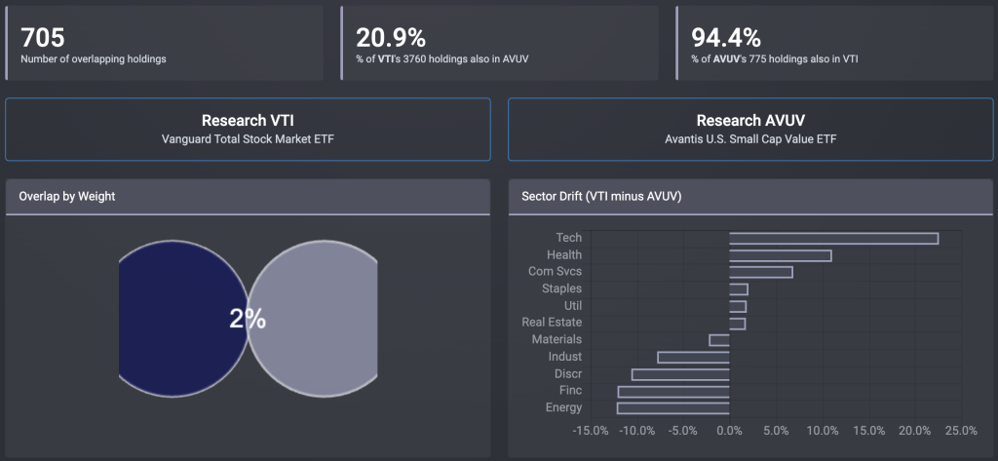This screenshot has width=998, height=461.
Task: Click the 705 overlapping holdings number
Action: tap(43, 37)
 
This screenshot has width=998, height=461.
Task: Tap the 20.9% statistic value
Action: tap(391, 37)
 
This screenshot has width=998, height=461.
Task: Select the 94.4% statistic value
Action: tap(726, 37)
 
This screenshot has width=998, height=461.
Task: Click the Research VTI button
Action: tap(248, 129)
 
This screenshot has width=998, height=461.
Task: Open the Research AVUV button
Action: tap(750, 129)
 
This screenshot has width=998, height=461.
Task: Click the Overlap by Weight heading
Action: tap(67, 196)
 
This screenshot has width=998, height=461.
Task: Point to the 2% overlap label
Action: tap(248, 319)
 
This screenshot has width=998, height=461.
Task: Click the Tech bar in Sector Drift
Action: tap(833, 238)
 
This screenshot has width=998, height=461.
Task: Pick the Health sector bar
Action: tap(780, 255)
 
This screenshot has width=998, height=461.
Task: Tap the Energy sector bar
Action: tap(673, 407)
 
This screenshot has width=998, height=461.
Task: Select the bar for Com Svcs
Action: tap(760, 272)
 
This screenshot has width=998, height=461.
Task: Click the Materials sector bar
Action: tap(719, 340)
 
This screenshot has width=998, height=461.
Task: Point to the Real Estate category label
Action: tap(552, 323)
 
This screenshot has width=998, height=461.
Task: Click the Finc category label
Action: tap(570, 391)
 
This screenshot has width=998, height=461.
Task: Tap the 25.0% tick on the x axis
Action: tap(961, 430)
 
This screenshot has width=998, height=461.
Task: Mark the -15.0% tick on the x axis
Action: tap(592, 430)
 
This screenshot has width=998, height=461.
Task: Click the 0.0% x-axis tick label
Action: tap(729, 430)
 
